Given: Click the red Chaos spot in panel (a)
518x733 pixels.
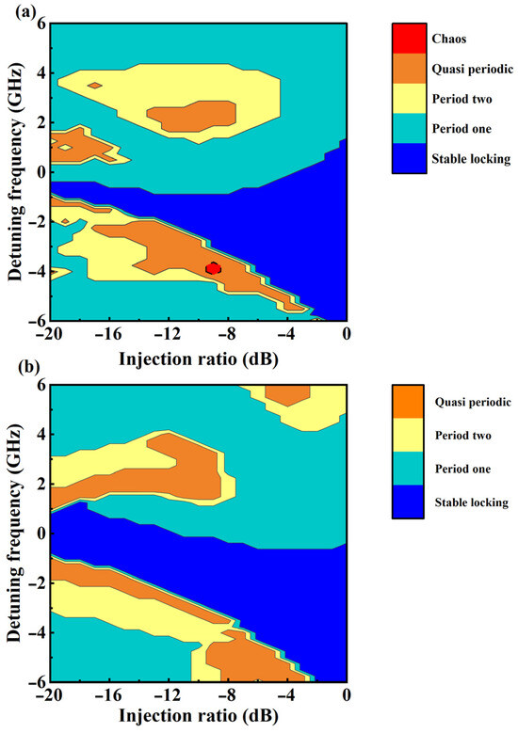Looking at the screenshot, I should tap(214, 268).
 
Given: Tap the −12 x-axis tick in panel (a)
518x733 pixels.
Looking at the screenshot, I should tap(168, 333).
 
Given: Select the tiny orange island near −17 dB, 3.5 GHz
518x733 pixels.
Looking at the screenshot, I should tap(94, 86).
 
